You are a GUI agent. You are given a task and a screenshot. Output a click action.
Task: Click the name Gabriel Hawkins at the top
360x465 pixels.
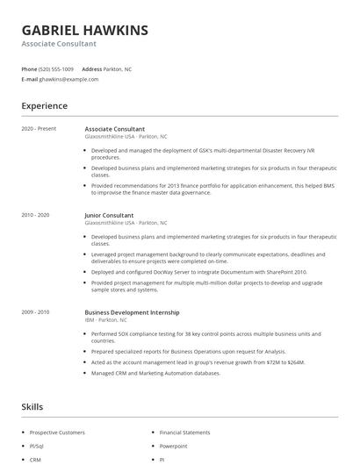[84, 30]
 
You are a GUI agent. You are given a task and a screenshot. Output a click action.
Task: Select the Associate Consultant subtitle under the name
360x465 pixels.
[59, 44]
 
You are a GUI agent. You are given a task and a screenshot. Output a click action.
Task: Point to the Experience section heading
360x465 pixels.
[44, 106]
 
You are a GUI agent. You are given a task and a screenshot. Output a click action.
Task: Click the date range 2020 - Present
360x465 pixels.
[39, 129]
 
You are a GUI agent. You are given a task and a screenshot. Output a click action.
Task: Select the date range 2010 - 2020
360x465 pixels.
[35, 215]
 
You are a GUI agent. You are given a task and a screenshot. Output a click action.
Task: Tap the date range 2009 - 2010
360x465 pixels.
[35, 312]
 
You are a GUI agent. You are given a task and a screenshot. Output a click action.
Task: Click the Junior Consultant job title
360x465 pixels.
[109, 215]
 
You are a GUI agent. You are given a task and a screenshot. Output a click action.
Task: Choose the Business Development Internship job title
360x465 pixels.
[132, 312]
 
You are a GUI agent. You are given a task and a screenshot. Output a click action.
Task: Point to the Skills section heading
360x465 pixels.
[32, 407]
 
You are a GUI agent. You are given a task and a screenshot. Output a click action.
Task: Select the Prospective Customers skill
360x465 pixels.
[56, 433]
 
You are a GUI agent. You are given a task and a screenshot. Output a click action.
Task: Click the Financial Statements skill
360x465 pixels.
[184, 433]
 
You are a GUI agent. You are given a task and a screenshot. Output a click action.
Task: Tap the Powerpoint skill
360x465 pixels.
[173, 446]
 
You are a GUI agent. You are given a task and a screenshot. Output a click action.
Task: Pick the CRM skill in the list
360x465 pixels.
[35, 459]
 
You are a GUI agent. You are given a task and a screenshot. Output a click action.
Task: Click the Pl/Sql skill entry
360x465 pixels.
[37, 446]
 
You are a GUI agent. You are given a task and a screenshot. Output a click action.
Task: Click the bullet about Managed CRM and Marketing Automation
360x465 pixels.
[155, 373]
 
